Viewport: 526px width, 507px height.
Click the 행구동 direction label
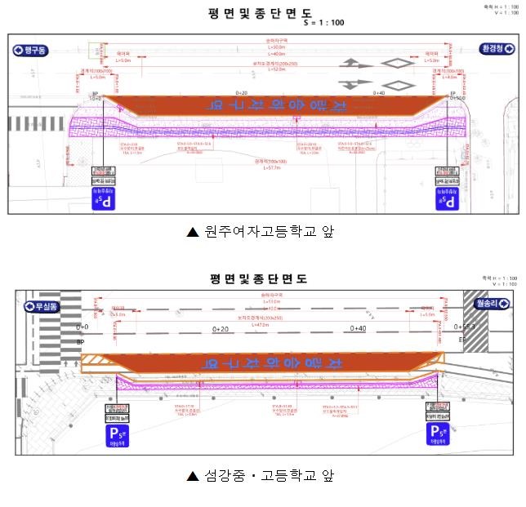tap(32, 51)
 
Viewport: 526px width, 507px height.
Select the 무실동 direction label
tap(42, 307)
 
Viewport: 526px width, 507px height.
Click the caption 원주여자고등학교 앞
tap(261, 232)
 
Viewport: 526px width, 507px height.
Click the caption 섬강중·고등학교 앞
tap(261, 475)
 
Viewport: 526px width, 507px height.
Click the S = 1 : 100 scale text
tap(323, 23)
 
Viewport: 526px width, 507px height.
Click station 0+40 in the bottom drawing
tap(358, 328)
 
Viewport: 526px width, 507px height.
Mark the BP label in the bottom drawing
tap(80, 342)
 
